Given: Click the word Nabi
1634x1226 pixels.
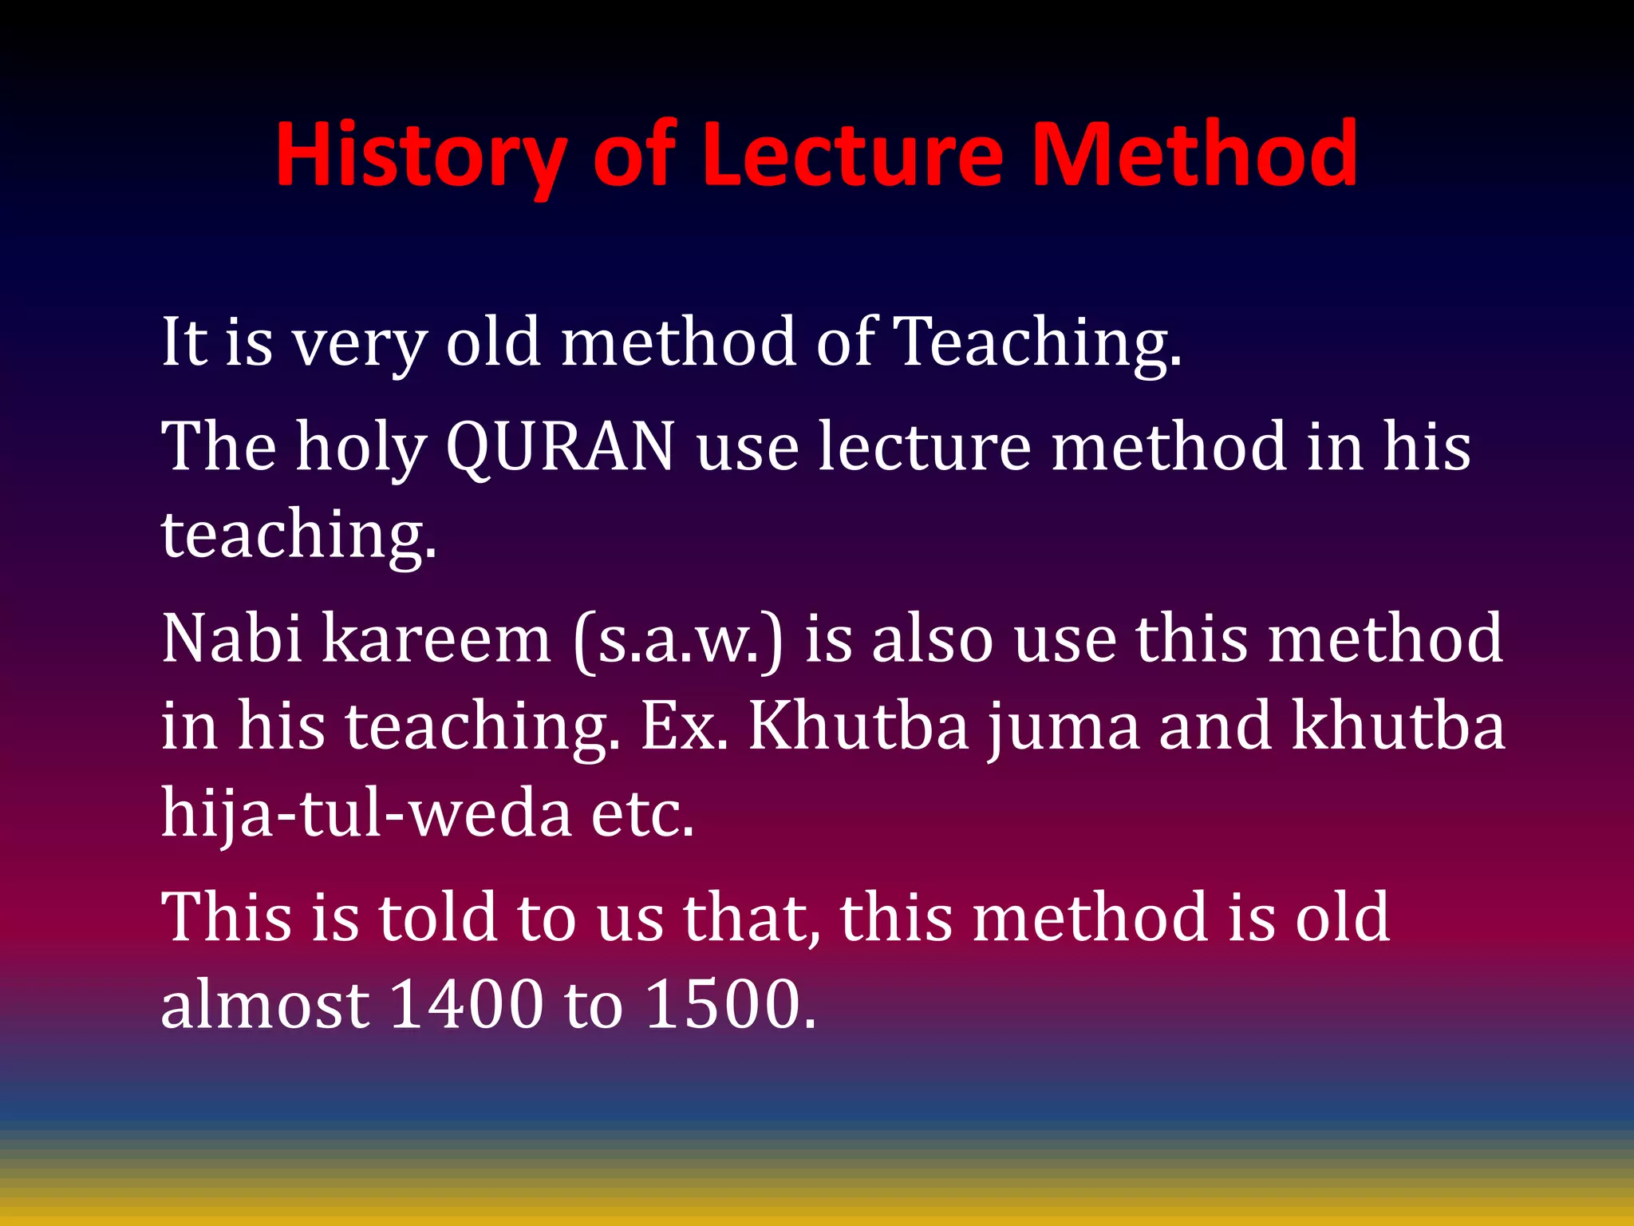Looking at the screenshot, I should point(231,639).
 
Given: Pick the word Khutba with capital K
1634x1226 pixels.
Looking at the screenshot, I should point(858,726).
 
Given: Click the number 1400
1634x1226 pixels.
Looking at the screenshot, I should point(467,1004).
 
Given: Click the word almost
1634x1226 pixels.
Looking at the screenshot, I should point(264,1004).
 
